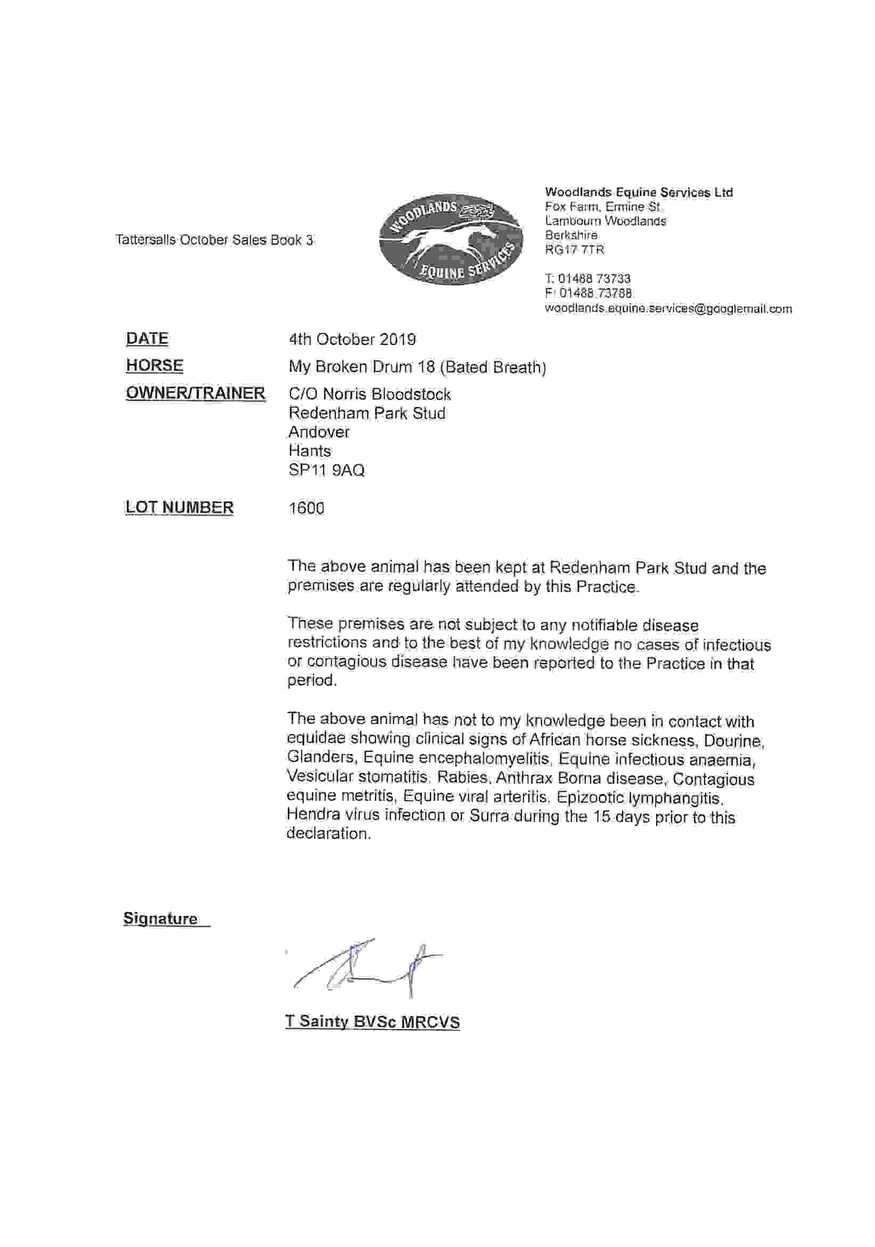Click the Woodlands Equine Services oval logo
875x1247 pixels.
[450, 239]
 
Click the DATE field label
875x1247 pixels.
[147, 338]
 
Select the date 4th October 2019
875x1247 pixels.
[352, 340]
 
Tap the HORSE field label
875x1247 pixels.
[154, 365]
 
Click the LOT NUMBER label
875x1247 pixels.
[179, 507]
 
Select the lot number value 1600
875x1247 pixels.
[306, 508]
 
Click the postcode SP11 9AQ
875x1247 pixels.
[326, 470]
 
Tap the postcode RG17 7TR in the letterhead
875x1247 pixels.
[574, 250]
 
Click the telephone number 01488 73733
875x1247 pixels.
[594, 278]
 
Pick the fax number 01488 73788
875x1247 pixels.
[595, 293]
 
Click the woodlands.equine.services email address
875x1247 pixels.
[667, 308]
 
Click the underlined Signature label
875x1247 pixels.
[161, 918]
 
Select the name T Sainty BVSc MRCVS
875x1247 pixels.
[373, 1022]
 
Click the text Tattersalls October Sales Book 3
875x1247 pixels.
[215, 240]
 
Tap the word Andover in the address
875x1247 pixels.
[319, 432]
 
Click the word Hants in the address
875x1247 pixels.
[309, 451]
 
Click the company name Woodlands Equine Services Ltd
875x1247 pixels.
[639, 192]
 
